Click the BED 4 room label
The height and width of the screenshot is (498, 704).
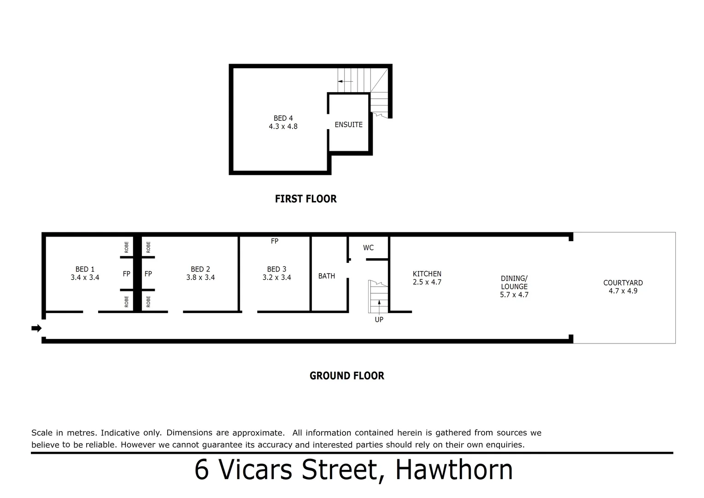click(x=283, y=119)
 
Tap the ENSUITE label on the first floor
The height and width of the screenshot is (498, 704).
click(x=348, y=125)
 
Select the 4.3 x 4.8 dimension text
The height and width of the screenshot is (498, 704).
click(x=283, y=126)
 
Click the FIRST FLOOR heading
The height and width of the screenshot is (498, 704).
click(x=305, y=199)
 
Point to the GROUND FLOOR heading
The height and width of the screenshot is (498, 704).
click(x=346, y=376)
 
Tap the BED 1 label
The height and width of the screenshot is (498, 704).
click(x=85, y=269)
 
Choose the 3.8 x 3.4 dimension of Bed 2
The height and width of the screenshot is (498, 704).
click(x=200, y=278)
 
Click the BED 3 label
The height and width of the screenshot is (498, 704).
click(x=276, y=269)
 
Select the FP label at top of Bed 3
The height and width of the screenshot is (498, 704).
click(x=275, y=241)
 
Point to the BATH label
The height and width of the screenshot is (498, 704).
click(x=327, y=276)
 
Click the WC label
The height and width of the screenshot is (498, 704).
click(x=368, y=248)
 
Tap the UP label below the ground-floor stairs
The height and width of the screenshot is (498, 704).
click(x=379, y=320)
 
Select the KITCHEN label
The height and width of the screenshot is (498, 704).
click(x=427, y=274)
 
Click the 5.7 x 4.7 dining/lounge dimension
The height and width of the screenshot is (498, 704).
click(x=514, y=295)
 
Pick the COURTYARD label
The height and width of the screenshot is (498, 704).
click(x=623, y=283)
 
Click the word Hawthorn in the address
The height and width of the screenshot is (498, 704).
click(x=454, y=470)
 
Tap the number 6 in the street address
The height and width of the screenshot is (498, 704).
click(x=201, y=470)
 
